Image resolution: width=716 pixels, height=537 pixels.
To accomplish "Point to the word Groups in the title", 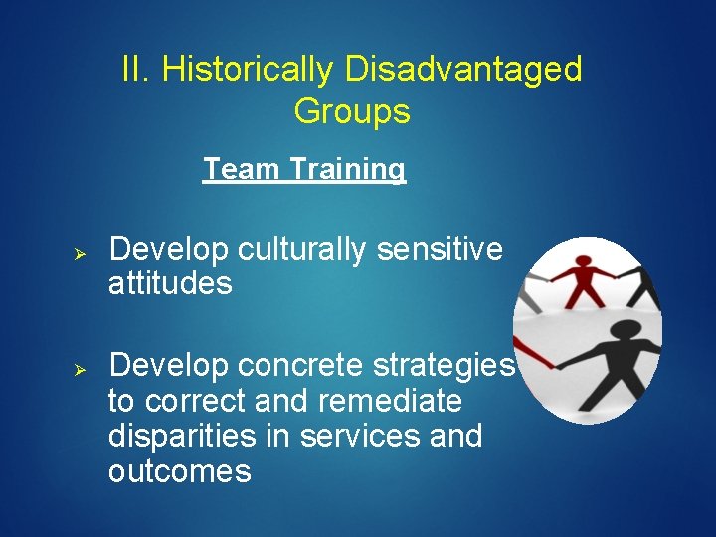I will click(352, 111).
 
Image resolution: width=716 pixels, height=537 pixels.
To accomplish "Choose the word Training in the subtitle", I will click(347, 169).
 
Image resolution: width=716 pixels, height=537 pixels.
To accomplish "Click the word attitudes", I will click(170, 284).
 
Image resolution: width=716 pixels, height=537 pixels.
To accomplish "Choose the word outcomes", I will click(179, 470).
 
